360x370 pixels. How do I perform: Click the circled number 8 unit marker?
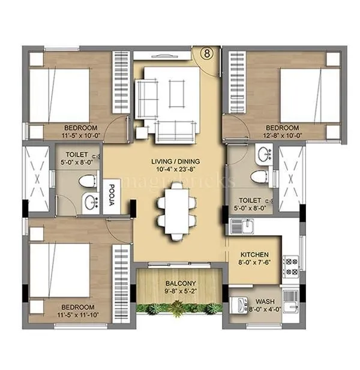coord(206,53)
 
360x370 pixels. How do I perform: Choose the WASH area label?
coord(265,302)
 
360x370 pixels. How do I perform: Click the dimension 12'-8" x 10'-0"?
coord(282,136)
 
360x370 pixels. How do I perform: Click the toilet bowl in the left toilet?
coord(88,181)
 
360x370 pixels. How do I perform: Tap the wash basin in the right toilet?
coord(265,156)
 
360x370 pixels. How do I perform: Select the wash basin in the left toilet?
coord(89,201)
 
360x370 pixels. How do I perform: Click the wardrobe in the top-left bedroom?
coord(121,81)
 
